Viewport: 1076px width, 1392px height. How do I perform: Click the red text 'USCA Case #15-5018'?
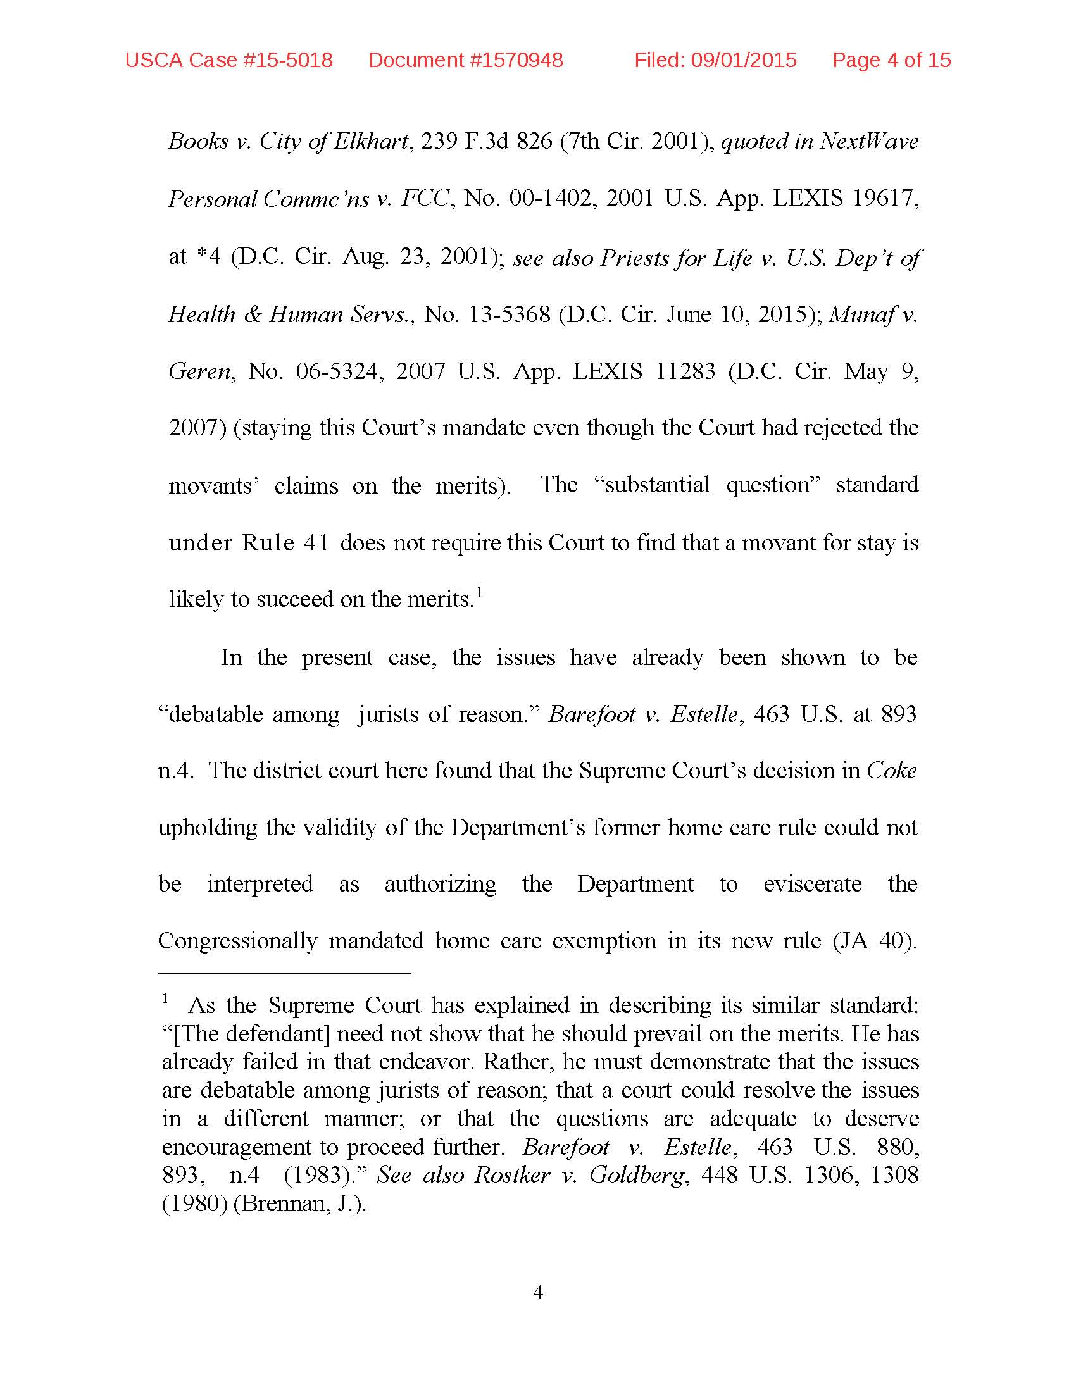[229, 60]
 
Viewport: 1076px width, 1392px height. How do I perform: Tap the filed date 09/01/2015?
[743, 60]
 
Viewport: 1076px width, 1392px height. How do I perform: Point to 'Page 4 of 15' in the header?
[891, 60]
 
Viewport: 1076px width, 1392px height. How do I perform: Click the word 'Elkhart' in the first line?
[370, 141]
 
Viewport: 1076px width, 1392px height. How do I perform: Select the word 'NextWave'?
[869, 141]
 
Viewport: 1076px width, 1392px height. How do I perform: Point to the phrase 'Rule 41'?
[285, 542]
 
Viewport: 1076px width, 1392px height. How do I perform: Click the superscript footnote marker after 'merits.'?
[479, 594]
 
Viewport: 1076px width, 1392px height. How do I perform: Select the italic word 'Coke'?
[891, 771]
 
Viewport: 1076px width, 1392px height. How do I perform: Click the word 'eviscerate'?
[812, 884]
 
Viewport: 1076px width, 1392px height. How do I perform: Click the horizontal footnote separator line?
[284, 974]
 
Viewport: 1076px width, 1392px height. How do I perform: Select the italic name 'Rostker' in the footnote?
[512, 1176]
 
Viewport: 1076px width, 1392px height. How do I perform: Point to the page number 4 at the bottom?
[537, 1292]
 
